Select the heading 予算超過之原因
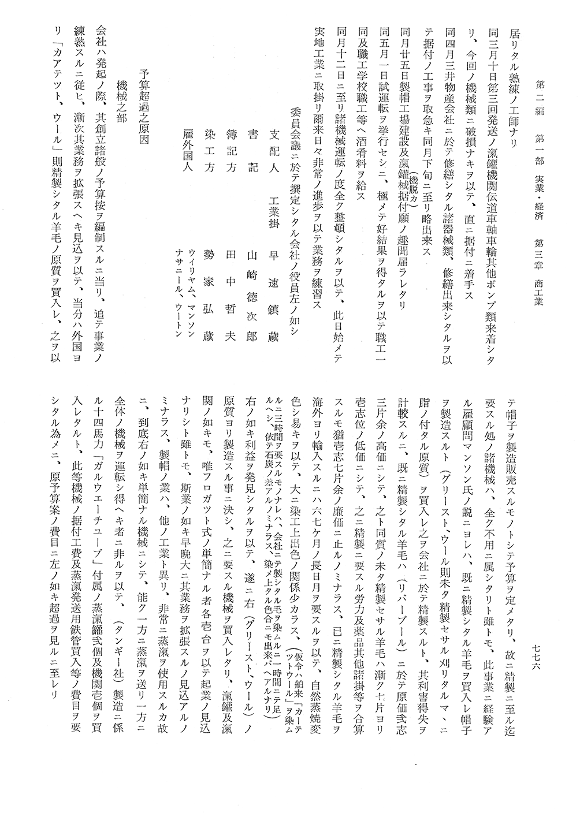click(146, 110)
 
